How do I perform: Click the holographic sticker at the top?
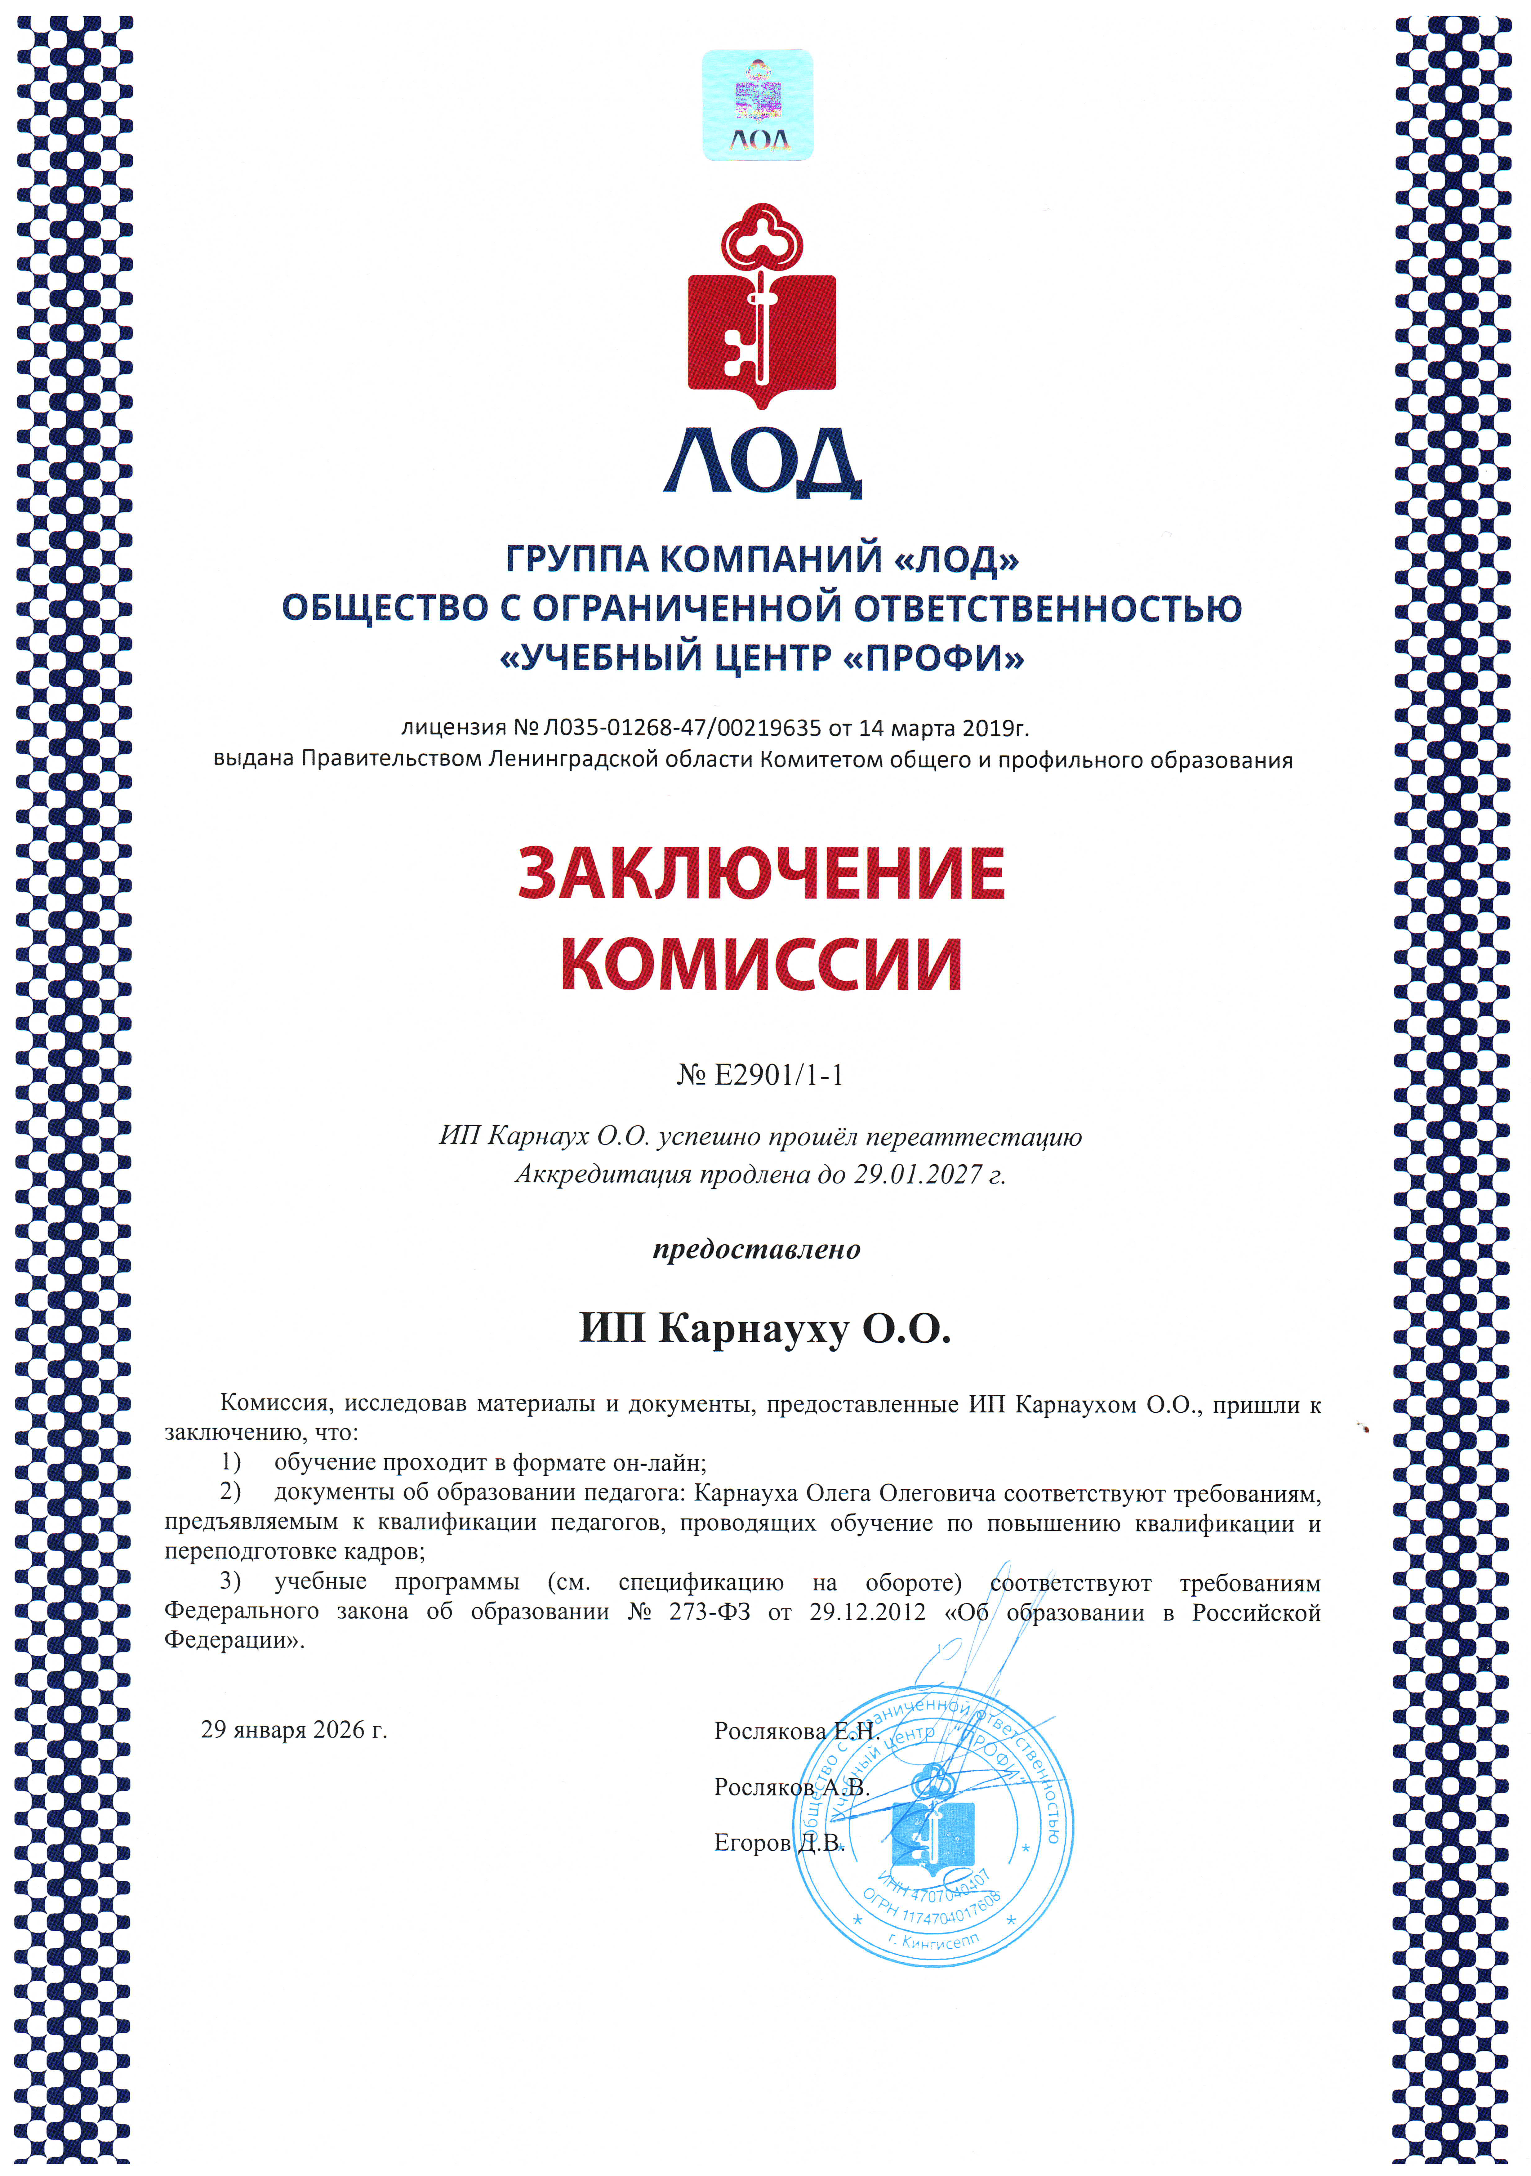pos(757,105)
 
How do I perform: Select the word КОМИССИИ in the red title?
pos(762,964)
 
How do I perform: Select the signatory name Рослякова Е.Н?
pos(794,1732)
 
